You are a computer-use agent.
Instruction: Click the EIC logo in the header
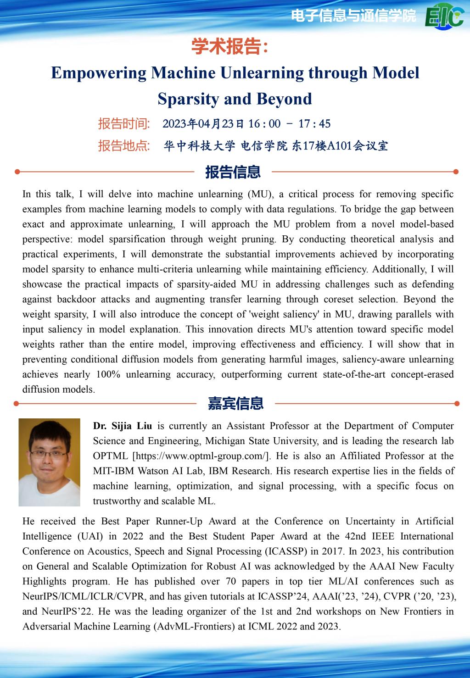[x=444, y=17]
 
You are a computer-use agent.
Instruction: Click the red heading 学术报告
[x=228, y=46]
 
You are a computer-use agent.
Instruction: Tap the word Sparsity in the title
[x=188, y=99]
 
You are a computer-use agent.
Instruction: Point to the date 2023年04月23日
[x=204, y=124]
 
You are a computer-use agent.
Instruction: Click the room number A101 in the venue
[x=339, y=146]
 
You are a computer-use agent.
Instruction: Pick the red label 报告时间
[x=124, y=124]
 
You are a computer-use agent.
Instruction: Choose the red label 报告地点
[x=124, y=146]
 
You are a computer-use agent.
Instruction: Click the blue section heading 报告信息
[x=233, y=172]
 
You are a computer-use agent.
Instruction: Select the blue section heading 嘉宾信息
[x=235, y=404]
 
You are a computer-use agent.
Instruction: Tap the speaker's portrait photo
[x=50, y=462]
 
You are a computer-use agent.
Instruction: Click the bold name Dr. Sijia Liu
[x=123, y=426]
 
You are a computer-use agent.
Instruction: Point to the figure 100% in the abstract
[x=108, y=374]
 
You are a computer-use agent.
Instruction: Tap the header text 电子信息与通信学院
[x=353, y=16]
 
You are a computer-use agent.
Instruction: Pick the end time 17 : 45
[x=314, y=124]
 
